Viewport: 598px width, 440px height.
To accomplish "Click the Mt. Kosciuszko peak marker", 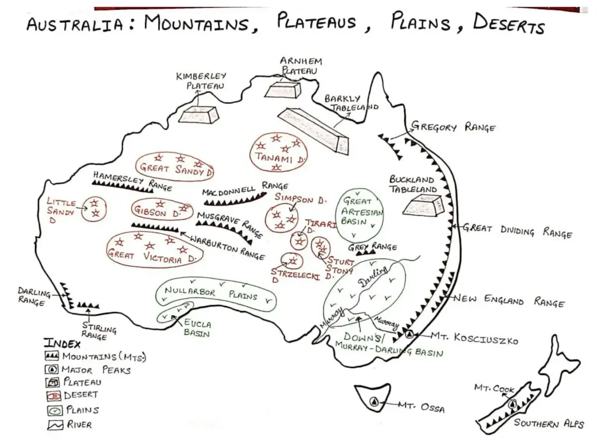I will pyautogui.click(x=409, y=334).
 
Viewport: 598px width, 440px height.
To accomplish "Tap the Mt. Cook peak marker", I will pyautogui.click(x=512, y=403).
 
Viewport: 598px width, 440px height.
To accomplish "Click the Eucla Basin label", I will pyautogui.click(x=197, y=328).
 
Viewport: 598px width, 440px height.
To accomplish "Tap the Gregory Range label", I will pyautogui.click(x=453, y=127).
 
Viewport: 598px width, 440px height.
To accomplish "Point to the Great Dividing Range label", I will pyautogui.click(x=517, y=230).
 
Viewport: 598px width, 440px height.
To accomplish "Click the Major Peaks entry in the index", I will pyautogui.click(x=88, y=369).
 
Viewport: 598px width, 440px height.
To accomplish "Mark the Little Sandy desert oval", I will pyautogui.click(x=93, y=209).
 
